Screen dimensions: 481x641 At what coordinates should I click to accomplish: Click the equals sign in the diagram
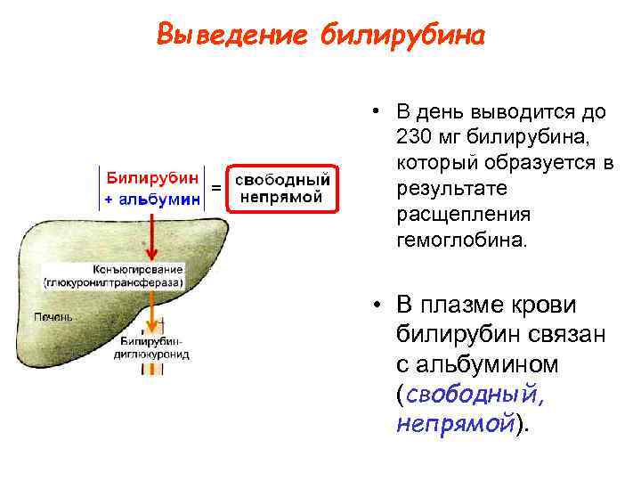click(215, 188)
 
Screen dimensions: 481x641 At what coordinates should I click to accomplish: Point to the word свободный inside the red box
click(282, 180)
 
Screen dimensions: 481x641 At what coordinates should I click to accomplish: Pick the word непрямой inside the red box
click(282, 197)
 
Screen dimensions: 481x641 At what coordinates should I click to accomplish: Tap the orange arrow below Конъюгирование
click(153, 312)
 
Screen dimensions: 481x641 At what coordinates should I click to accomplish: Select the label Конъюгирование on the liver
click(136, 269)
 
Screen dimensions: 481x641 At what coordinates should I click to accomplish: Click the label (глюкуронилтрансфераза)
click(114, 281)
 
